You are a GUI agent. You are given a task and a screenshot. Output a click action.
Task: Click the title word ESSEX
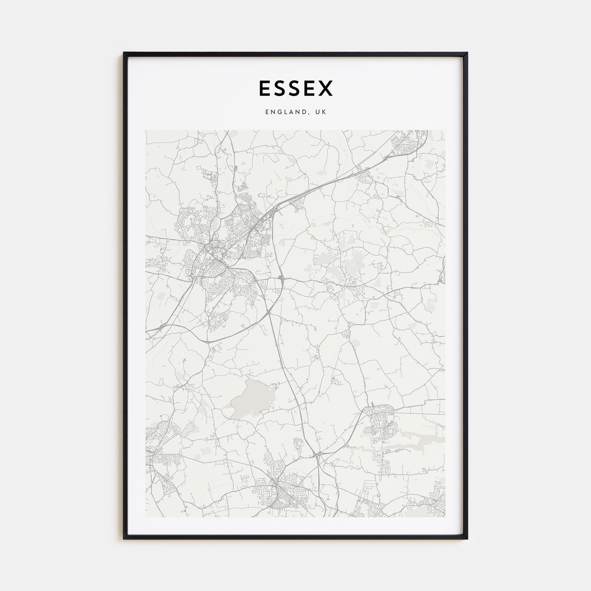coord(295,88)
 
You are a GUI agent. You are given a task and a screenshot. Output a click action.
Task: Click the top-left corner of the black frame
coord(124,53)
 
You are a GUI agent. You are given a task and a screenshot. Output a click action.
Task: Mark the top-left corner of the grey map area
coord(146,131)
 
